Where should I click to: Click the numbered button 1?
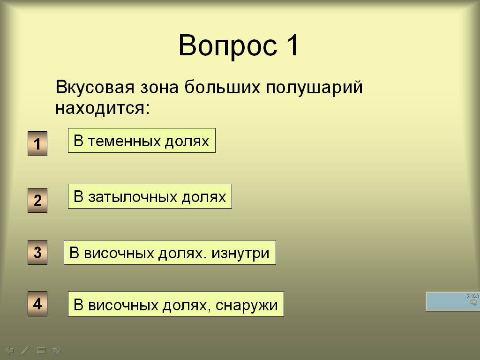tap(37, 143)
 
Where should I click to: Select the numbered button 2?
tap(37, 200)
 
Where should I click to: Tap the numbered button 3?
tap(37, 252)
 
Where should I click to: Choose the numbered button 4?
tap(37, 304)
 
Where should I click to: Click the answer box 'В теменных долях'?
tap(142, 141)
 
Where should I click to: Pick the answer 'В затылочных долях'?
tap(150, 196)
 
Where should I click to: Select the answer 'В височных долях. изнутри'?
tap(170, 253)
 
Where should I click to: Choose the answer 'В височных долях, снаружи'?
tap(176, 304)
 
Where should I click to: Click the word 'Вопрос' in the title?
tap(228, 46)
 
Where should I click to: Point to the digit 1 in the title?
tap(292, 45)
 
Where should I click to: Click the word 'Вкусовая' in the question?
tap(95, 87)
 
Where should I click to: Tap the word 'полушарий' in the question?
tap(314, 87)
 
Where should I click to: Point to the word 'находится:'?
tap(103, 108)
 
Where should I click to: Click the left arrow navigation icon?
tap(9, 350)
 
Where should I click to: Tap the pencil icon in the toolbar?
tap(25, 350)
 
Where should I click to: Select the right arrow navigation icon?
tap(57, 350)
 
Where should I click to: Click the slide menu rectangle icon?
tap(41, 350)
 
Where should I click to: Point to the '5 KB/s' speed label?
tap(472, 296)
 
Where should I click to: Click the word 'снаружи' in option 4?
tap(247, 305)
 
